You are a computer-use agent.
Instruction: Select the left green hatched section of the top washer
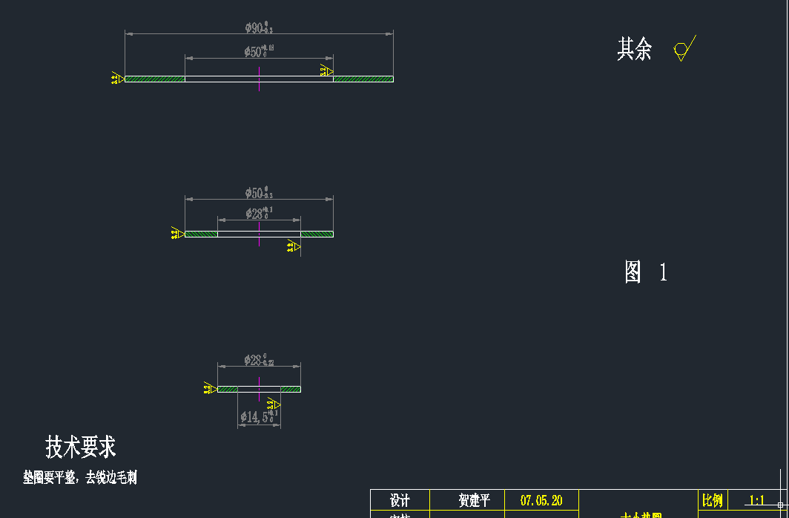154,79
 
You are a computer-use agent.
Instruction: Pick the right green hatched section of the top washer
363,79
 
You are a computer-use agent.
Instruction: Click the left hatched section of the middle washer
201,234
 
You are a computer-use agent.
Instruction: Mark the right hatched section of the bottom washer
291,389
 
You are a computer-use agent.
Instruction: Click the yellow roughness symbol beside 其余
682,50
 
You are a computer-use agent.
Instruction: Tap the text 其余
635,50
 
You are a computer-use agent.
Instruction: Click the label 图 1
645,272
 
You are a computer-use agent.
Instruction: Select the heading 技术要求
81,447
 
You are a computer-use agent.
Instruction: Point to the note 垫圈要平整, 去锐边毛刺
80,477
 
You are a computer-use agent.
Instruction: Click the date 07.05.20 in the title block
541,501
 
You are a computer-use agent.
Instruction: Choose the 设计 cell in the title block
400,501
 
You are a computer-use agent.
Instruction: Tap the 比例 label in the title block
712,501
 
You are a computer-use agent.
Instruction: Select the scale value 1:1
756,501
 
